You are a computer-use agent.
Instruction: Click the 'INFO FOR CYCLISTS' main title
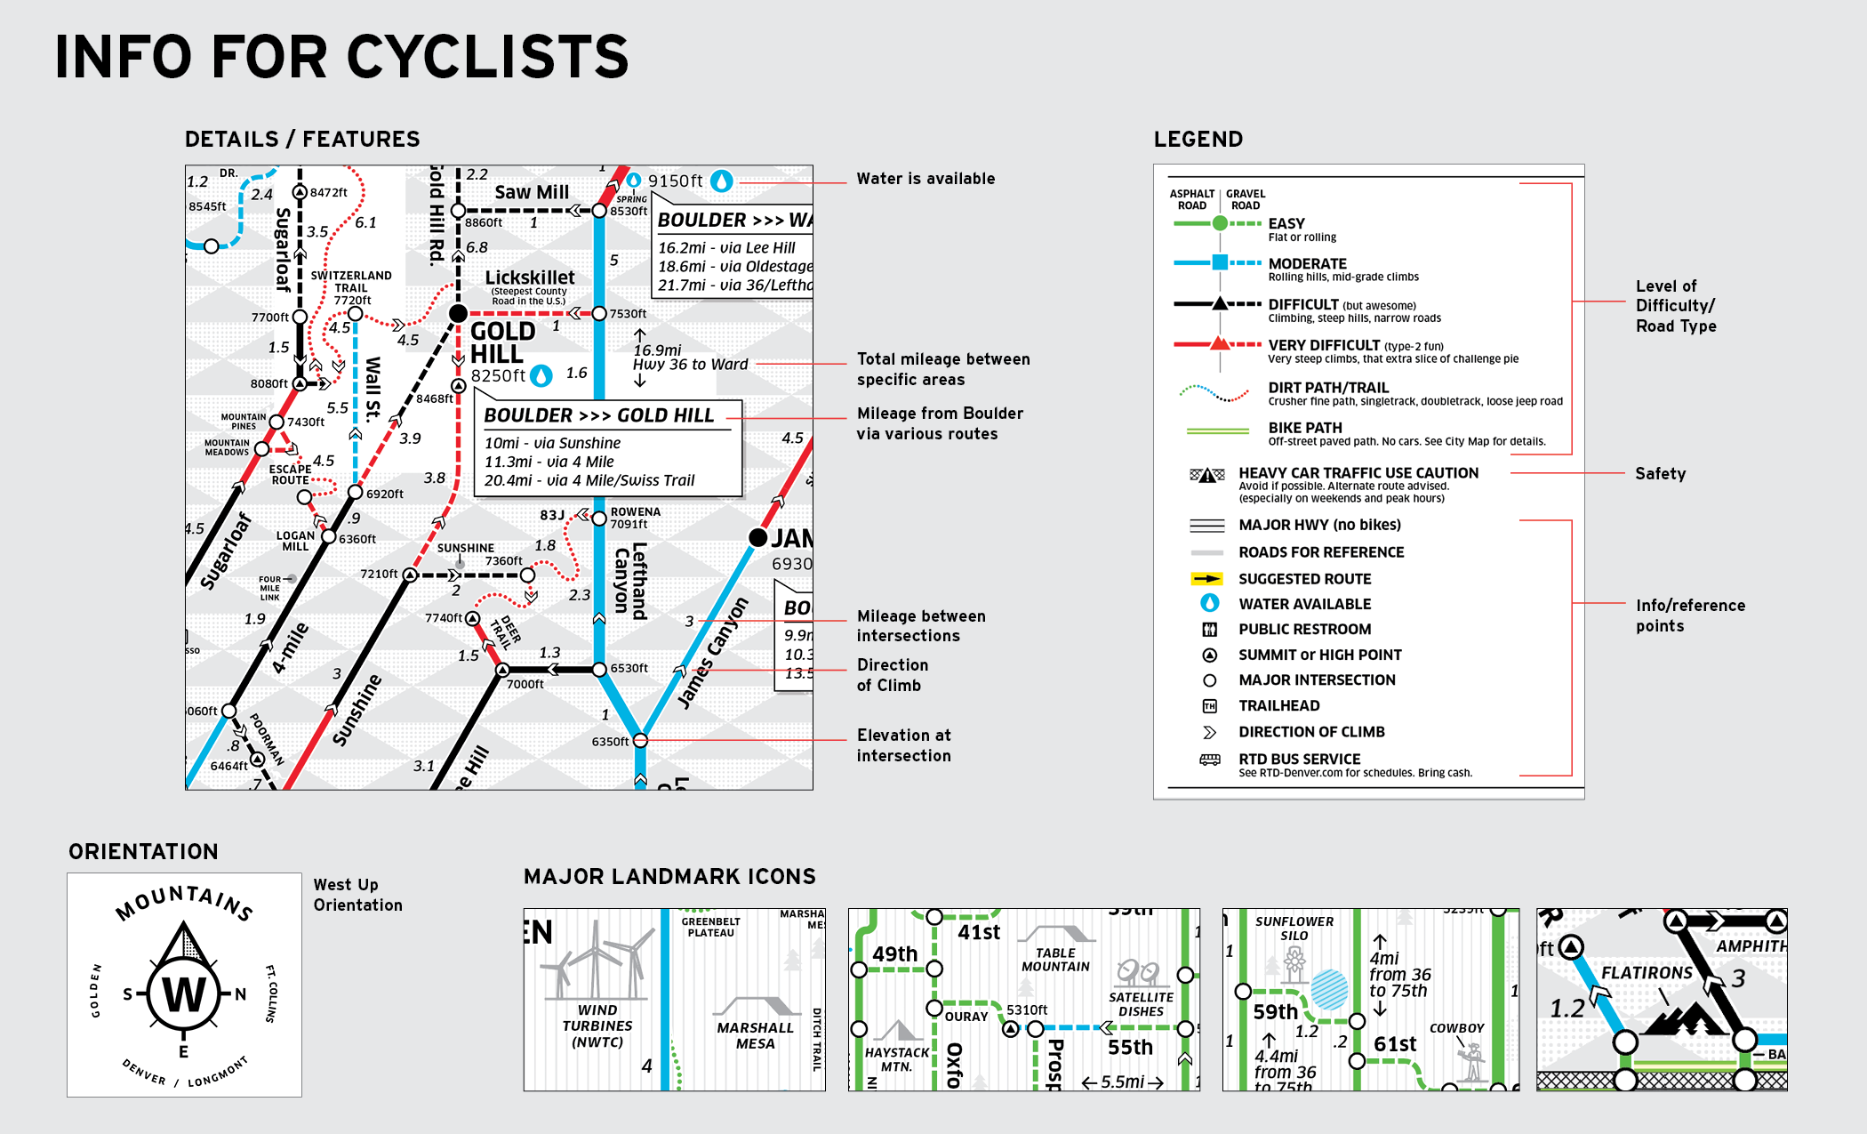tap(342, 57)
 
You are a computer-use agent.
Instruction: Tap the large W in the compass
tap(184, 994)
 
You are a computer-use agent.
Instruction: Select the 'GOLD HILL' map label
tap(502, 342)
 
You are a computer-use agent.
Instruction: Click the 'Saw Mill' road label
tap(532, 192)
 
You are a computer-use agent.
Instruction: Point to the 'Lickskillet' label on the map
tap(530, 277)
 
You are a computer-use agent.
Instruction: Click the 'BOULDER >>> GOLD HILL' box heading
tap(598, 415)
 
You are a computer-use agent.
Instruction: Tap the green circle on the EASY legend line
tap(1220, 223)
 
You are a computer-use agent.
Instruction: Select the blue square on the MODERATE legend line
tap(1220, 262)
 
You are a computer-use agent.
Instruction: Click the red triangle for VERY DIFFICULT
tap(1220, 344)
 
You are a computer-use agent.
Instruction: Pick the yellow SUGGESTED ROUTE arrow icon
tap(1206, 579)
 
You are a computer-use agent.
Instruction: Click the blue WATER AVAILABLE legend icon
tap(1210, 603)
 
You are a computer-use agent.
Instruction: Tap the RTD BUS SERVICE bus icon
tap(1210, 760)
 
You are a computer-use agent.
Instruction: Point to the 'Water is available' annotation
tap(925, 179)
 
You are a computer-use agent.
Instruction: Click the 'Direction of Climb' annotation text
tap(893, 675)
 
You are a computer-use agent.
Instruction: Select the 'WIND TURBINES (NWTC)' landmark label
tap(597, 1025)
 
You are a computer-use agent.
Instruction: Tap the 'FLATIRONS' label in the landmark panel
tap(1647, 973)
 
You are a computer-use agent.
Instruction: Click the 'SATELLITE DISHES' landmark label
tap(1141, 1004)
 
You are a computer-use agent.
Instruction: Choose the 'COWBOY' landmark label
tap(1456, 1028)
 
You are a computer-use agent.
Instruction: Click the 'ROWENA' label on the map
tap(635, 511)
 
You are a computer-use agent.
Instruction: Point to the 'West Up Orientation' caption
tap(357, 895)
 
